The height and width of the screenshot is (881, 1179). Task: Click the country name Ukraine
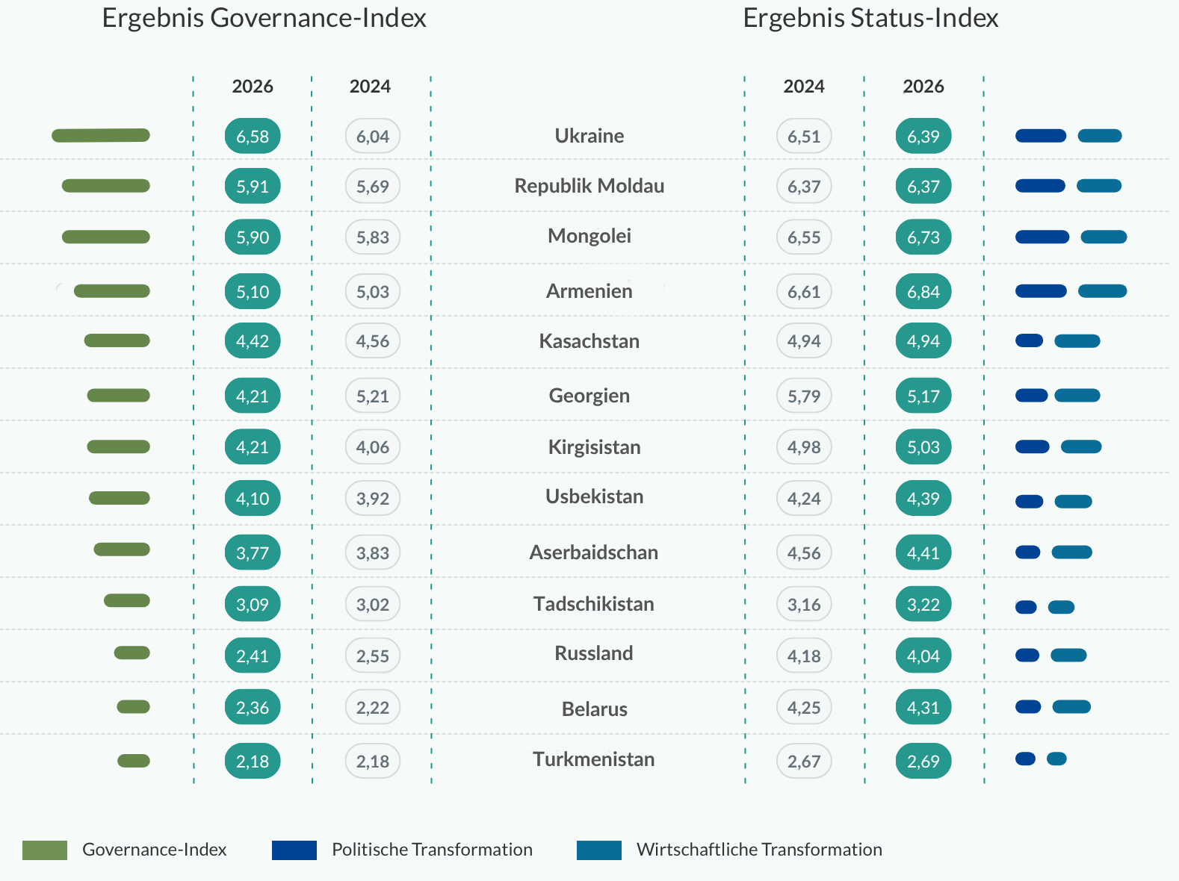589,136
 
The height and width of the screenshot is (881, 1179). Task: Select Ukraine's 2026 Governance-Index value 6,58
253,136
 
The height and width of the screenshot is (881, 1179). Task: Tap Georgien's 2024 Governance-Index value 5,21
372,396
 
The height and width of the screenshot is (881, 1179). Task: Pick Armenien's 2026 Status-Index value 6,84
923,291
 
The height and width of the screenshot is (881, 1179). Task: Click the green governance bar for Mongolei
106,237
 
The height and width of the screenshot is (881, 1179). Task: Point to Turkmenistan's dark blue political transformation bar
1025,759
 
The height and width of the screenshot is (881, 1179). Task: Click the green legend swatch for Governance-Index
45,850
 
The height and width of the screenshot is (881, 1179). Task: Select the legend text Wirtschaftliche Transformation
759,850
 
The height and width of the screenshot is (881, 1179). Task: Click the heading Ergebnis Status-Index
870,18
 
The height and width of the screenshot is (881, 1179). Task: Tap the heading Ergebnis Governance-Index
264,18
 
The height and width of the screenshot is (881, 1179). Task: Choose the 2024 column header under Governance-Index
370,87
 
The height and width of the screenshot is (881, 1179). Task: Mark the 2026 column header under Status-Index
923,87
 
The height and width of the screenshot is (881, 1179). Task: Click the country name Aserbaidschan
594,552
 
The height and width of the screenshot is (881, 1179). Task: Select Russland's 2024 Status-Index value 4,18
804,656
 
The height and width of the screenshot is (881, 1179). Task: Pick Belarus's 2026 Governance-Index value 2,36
253,707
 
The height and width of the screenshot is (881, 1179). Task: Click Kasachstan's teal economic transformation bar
1077,341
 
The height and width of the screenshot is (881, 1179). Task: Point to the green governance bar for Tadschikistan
127,600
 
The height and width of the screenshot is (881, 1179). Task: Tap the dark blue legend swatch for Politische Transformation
294,850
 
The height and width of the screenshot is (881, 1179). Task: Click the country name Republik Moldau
589,186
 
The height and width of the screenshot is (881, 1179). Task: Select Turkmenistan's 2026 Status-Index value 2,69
923,761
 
